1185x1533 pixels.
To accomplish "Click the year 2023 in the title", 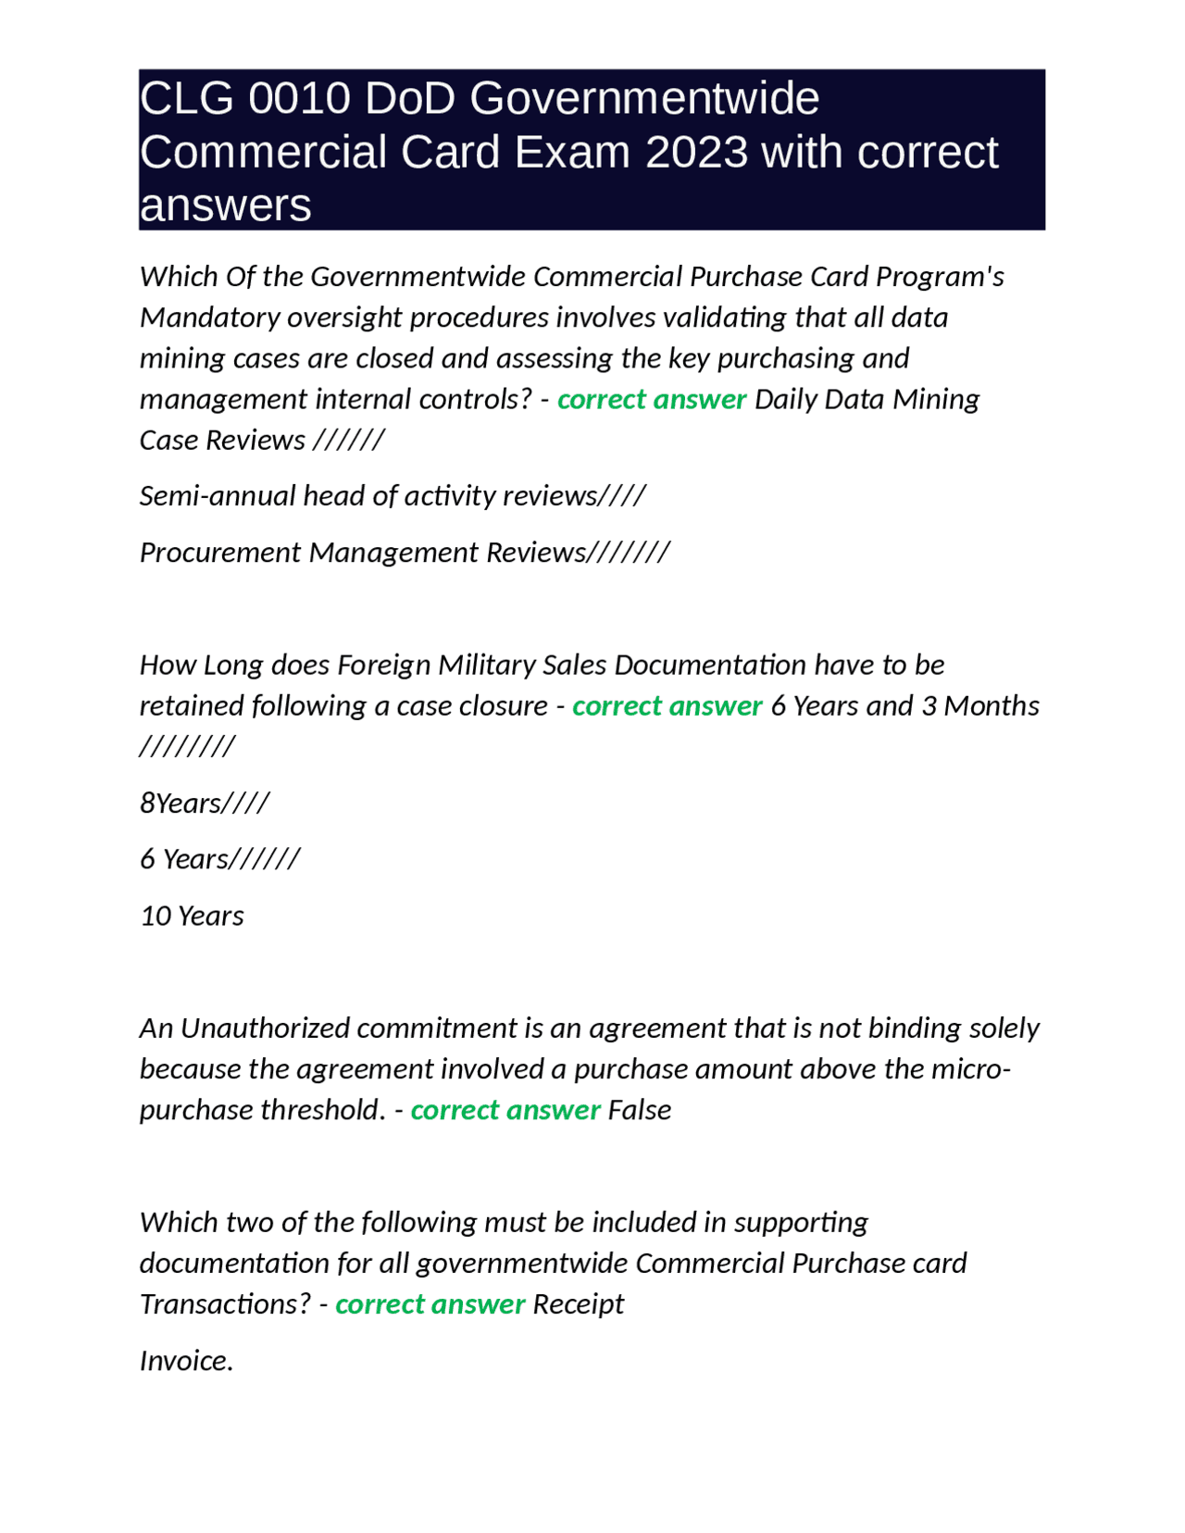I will (x=696, y=152).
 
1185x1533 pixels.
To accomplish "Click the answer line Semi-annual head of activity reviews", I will (x=393, y=496).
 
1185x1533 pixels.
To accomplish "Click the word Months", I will (x=991, y=705).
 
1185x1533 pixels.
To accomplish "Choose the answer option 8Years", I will (x=204, y=803).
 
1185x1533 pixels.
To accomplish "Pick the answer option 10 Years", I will (x=192, y=916).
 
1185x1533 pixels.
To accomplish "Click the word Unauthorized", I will (x=265, y=1028).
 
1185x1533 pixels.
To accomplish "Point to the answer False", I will (x=639, y=1110).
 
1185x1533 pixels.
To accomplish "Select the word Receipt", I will (x=579, y=1304).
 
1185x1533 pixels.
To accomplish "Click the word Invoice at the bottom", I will (x=185, y=1361).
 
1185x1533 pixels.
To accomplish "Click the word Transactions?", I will (x=225, y=1304).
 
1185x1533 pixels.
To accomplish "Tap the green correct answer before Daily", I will (x=652, y=399).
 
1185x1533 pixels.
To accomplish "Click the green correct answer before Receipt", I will (x=430, y=1304).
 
